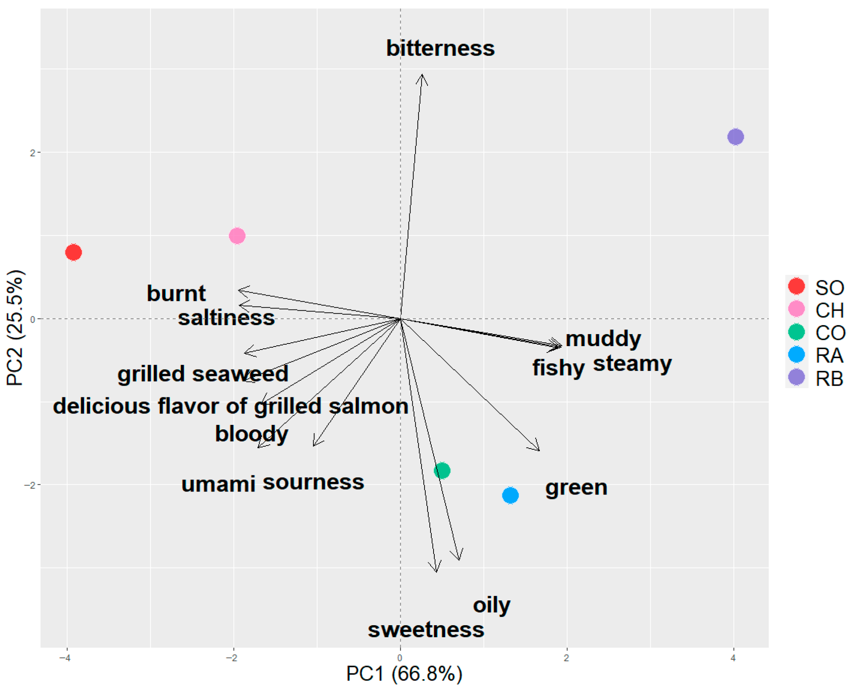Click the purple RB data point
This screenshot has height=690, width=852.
(735, 137)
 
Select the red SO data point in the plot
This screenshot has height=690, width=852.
(74, 252)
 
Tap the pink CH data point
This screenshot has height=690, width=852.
(237, 236)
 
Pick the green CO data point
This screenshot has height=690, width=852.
(442, 470)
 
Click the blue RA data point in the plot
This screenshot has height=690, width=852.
(510, 495)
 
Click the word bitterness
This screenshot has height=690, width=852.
(440, 48)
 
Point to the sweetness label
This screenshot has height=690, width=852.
(426, 630)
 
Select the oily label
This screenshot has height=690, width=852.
(491, 605)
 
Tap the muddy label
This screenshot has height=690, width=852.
(603, 339)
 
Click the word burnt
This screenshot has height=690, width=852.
(176, 293)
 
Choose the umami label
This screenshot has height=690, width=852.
(218, 484)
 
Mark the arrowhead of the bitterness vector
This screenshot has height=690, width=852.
(422, 75)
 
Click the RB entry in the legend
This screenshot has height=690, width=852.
(829, 379)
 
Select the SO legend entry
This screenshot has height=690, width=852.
(829, 287)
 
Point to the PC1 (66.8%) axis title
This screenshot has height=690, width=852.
(404, 674)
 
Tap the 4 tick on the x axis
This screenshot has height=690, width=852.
(733, 658)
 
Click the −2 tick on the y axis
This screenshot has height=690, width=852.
(29, 485)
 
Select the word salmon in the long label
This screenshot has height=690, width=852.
(369, 406)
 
